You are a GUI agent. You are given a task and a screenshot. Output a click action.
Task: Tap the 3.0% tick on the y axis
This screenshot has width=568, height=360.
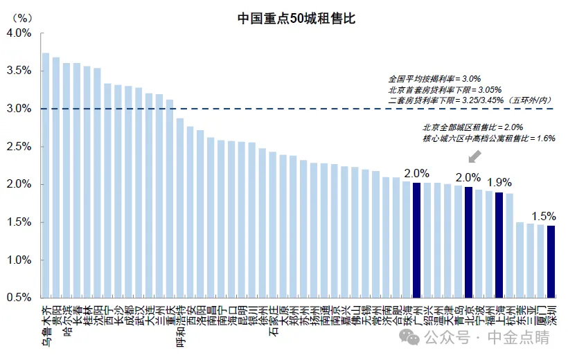[19, 109]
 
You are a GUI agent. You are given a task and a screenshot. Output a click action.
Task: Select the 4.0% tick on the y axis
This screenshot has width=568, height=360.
[19, 33]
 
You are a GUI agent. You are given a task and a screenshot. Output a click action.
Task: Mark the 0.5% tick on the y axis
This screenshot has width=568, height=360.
[19, 298]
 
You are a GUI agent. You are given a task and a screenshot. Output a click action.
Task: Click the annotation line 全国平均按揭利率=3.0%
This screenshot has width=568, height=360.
[434, 79]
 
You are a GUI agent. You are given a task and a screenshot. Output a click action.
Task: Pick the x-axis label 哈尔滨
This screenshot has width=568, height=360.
[66, 321]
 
